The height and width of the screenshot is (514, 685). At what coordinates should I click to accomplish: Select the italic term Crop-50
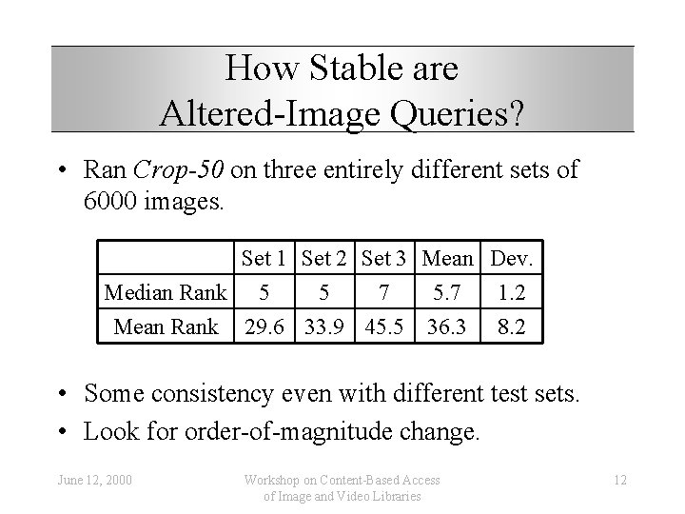(x=179, y=170)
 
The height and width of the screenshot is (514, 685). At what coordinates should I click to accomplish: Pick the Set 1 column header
(x=266, y=258)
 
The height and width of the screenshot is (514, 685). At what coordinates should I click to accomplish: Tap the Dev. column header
(x=513, y=258)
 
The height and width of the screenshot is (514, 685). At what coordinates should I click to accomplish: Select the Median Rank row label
(x=166, y=292)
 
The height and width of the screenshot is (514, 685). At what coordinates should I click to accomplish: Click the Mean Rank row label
(x=166, y=326)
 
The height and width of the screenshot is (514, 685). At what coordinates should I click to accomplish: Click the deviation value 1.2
(x=513, y=292)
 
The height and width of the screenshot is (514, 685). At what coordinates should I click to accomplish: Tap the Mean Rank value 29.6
(x=266, y=326)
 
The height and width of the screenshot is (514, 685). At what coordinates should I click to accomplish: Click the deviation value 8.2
(x=513, y=326)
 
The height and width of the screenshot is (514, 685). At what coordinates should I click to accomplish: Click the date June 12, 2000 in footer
(x=94, y=477)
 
